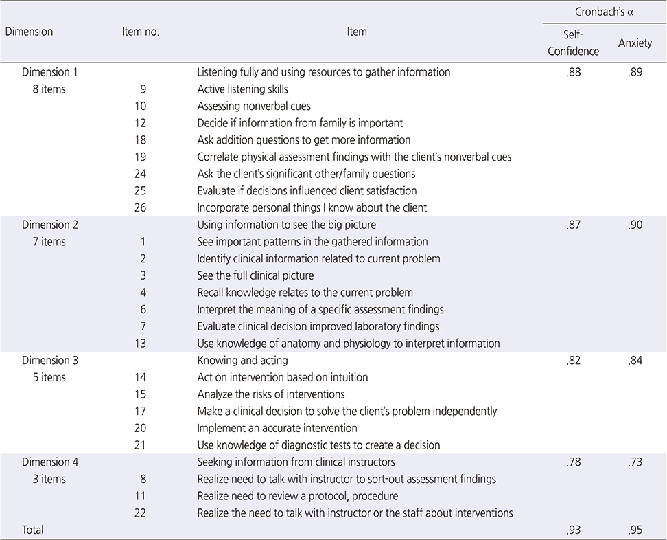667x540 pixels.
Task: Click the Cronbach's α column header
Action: [604, 12]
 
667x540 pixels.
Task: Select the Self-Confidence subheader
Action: [573, 43]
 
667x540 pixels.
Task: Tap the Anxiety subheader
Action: [635, 43]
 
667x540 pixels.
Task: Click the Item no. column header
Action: [141, 32]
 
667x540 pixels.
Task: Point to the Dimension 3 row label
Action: [50, 360]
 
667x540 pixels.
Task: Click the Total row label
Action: [33, 530]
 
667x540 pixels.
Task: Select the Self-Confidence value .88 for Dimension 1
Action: [574, 72]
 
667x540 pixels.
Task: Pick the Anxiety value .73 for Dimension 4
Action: [635, 462]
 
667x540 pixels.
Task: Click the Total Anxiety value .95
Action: [635, 530]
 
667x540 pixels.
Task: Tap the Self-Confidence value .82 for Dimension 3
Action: [574, 360]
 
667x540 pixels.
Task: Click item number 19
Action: [141, 157]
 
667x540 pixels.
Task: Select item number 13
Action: [141, 344]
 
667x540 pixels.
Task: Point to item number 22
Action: [141, 513]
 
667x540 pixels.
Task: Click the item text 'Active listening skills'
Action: [242, 89]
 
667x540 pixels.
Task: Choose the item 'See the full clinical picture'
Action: [255, 275]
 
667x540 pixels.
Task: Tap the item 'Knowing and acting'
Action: [242, 360]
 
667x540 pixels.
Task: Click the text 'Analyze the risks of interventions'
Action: [271, 394]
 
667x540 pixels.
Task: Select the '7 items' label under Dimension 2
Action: [49, 241]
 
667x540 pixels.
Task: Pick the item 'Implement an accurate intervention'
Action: [277, 428]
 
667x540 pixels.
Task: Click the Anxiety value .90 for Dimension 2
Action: [635, 225]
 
